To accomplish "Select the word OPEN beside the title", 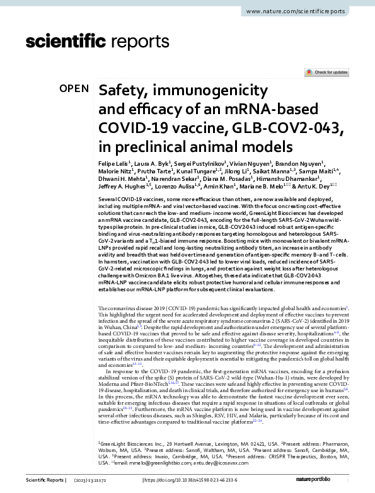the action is tap(74, 89).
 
